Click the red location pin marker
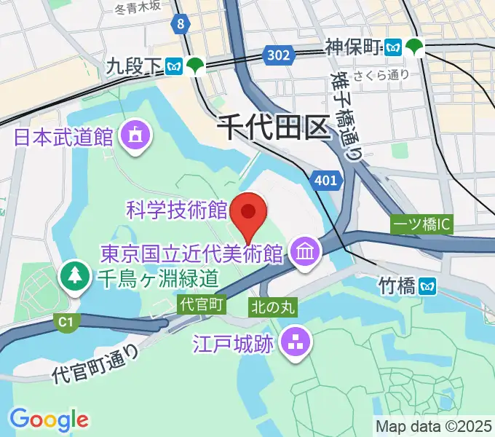(x=248, y=213)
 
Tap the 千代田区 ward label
(x=274, y=130)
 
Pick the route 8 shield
(x=180, y=25)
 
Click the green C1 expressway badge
(x=66, y=320)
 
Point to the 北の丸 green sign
(x=272, y=307)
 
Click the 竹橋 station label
(x=397, y=286)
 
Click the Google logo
(x=49, y=419)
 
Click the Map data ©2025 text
(x=432, y=425)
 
